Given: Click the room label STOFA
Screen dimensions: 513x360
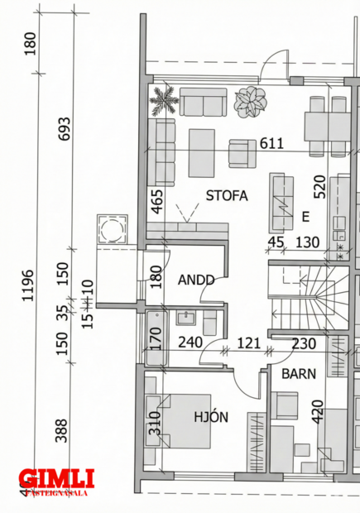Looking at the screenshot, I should (x=228, y=196).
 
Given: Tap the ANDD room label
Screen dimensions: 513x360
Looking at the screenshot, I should (x=196, y=280).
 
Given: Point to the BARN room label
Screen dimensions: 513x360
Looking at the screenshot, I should (x=298, y=373).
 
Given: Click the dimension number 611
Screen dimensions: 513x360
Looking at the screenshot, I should (x=271, y=143).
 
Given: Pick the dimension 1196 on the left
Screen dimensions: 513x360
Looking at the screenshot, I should (x=28, y=285).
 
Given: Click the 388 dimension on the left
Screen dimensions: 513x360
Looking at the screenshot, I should (x=61, y=430).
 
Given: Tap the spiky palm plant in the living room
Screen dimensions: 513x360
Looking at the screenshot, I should (x=164, y=102).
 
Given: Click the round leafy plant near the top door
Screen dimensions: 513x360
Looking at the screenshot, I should (x=250, y=102).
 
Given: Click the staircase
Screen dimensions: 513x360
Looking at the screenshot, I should (x=303, y=299).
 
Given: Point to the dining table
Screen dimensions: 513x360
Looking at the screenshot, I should (x=328, y=126).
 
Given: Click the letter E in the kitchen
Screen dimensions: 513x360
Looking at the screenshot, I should (x=305, y=218).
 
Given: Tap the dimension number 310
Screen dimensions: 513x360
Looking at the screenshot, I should (x=155, y=424).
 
